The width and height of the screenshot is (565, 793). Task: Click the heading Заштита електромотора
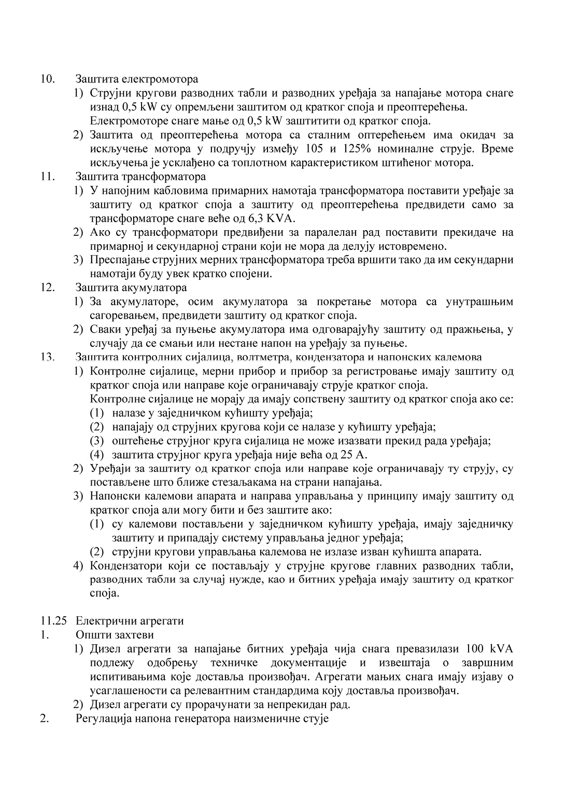click(137, 80)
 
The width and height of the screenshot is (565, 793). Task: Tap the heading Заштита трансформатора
click(140, 177)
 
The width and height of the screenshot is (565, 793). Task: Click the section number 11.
click(48, 177)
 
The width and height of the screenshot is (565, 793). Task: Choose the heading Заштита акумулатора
click(131, 287)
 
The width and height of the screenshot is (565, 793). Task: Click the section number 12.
click(48, 287)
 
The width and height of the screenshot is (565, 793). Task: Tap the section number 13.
click(48, 357)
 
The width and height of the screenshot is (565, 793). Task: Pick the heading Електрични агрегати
click(130, 620)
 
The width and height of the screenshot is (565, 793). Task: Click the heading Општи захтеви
click(115, 634)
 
